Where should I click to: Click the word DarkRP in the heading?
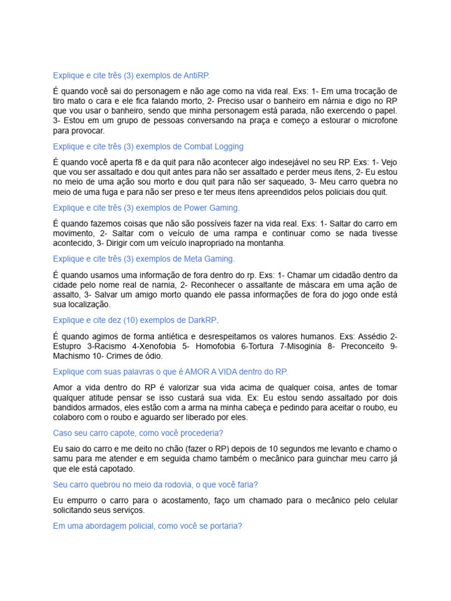[201, 320]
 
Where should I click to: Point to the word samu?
[63, 458]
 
